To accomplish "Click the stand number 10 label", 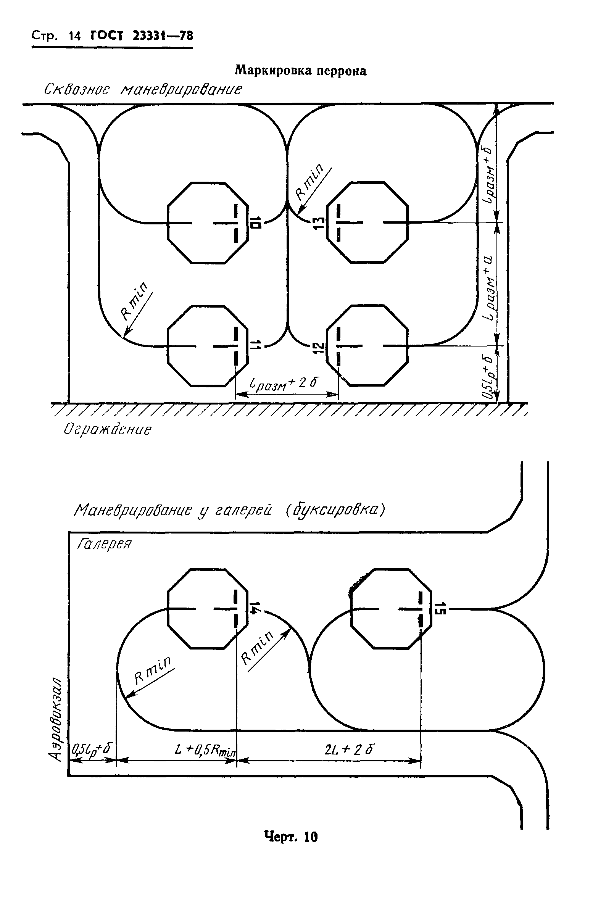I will click(x=256, y=223).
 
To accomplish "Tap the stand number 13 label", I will click(x=318, y=223).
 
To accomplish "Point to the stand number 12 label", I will click(x=318, y=348).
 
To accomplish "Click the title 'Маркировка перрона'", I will click(x=301, y=71).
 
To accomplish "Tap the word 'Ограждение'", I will click(x=108, y=430).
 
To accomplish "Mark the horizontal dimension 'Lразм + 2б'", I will click(x=284, y=384).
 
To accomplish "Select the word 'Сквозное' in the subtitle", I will click(x=77, y=90).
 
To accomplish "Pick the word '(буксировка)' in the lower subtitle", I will click(x=335, y=510).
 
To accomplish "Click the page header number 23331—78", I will click(x=163, y=36).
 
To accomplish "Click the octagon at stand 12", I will click(x=367, y=345).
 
